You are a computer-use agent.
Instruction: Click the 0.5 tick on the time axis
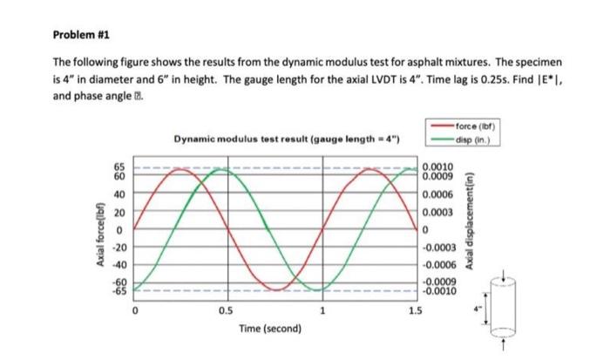coord(227,310)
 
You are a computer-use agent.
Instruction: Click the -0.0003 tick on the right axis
coord(439,248)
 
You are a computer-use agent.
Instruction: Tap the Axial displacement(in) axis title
coord(473,228)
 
